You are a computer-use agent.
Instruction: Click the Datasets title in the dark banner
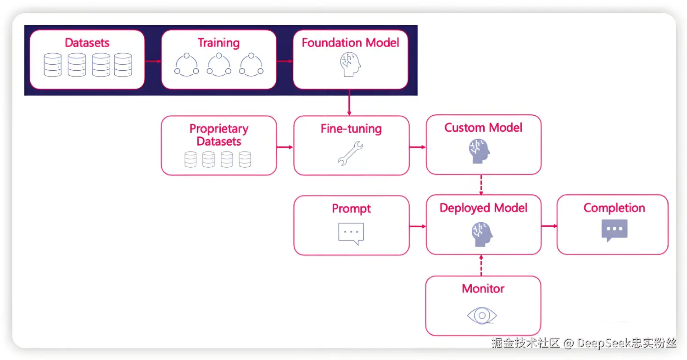tap(87, 43)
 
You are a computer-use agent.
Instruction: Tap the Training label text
tap(219, 43)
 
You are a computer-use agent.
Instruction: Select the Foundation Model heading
tap(351, 43)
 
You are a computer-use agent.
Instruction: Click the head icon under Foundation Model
tap(350, 64)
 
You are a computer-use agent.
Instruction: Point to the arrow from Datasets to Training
tap(153, 61)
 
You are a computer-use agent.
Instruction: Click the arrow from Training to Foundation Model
tap(285, 61)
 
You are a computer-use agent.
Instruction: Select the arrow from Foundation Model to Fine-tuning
tap(349, 102)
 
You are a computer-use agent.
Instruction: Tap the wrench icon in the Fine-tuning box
tap(350, 153)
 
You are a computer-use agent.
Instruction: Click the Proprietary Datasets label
tap(219, 135)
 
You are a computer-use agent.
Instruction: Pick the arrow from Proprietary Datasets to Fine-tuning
tap(285, 147)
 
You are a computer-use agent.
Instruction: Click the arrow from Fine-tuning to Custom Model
tap(418, 147)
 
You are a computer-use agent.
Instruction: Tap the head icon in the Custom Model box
tap(480, 151)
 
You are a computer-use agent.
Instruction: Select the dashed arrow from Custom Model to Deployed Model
tap(481, 185)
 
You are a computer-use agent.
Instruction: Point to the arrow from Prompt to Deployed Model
tap(418, 226)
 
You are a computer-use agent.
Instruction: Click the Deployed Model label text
tap(483, 208)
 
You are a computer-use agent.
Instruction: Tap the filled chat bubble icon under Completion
tap(614, 231)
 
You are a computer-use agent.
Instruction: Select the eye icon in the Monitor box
tap(482, 315)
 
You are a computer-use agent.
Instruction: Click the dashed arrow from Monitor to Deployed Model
tap(481, 265)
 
